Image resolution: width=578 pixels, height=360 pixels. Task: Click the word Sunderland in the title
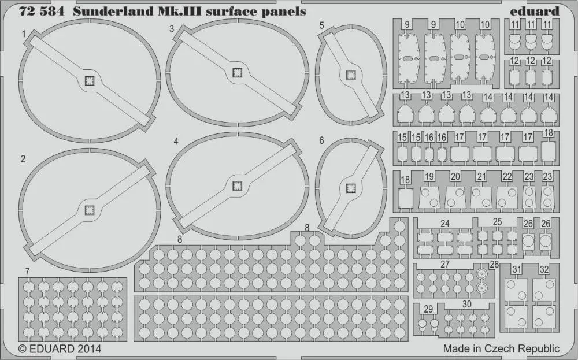[113, 12]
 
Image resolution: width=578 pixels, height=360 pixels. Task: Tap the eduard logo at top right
[535, 12]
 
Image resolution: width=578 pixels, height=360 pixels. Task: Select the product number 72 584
[42, 12]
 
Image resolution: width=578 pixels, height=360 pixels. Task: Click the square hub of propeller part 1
[90, 80]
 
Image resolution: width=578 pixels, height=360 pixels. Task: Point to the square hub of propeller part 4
[237, 186]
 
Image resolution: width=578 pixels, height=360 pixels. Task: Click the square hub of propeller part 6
[350, 188]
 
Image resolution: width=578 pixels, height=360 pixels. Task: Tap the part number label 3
[172, 29]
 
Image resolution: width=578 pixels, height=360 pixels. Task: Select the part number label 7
[27, 272]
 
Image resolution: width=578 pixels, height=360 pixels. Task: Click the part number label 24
[445, 224]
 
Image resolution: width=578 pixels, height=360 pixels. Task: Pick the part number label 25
[497, 222]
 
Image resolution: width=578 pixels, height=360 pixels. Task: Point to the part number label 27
[445, 264]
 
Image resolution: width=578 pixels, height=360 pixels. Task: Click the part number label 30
[466, 304]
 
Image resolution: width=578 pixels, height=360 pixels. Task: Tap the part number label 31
[517, 270]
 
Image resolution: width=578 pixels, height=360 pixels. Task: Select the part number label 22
[507, 176]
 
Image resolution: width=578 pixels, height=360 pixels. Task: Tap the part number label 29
[428, 309]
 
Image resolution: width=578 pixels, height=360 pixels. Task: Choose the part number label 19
[429, 176]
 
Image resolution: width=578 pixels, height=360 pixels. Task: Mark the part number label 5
[322, 25]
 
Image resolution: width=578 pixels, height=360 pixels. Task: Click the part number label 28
[494, 264]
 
